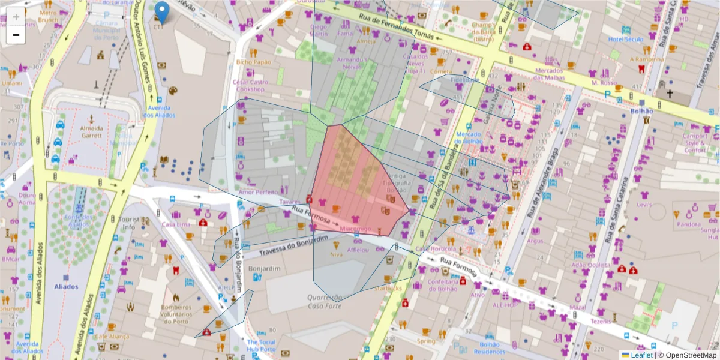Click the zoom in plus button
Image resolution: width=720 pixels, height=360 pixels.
pyautogui.click(x=16, y=17)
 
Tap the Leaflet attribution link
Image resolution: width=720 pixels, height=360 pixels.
pyautogui.click(x=640, y=355)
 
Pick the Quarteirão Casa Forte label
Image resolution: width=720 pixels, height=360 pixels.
pyautogui.click(x=325, y=301)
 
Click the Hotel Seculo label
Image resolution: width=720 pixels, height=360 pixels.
pyautogui.click(x=625, y=40)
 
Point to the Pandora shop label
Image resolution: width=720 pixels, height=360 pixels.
pyautogui.click(x=689, y=225)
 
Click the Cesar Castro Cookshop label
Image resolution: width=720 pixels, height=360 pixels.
pyautogui.click(x=250, y=85)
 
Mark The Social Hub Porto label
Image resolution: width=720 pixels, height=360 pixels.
pyautogui.click(x=260, y=346)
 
